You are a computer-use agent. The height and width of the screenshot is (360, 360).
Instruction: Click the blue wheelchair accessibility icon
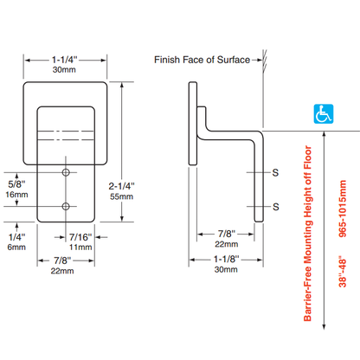(x=324, y=114)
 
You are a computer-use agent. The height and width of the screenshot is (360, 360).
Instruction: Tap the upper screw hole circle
(x=66, y=172)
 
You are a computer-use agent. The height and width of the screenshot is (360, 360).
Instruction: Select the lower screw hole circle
(x=66, y=207)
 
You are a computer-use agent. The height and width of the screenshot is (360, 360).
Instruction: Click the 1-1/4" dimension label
(x=65, y=60)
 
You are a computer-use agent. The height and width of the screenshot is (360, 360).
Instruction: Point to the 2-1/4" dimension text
(x=121, y=186)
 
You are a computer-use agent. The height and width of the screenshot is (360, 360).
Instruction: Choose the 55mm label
(x=121, y=196)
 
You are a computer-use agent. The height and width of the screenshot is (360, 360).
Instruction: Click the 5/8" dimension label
(x=16, y=184)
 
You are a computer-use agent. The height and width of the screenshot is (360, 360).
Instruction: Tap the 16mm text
(x=16, y=195)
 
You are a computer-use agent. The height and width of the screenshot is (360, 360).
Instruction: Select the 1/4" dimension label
(x=16, y=237)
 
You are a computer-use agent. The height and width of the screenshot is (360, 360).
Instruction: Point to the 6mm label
(x=16, y=247)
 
